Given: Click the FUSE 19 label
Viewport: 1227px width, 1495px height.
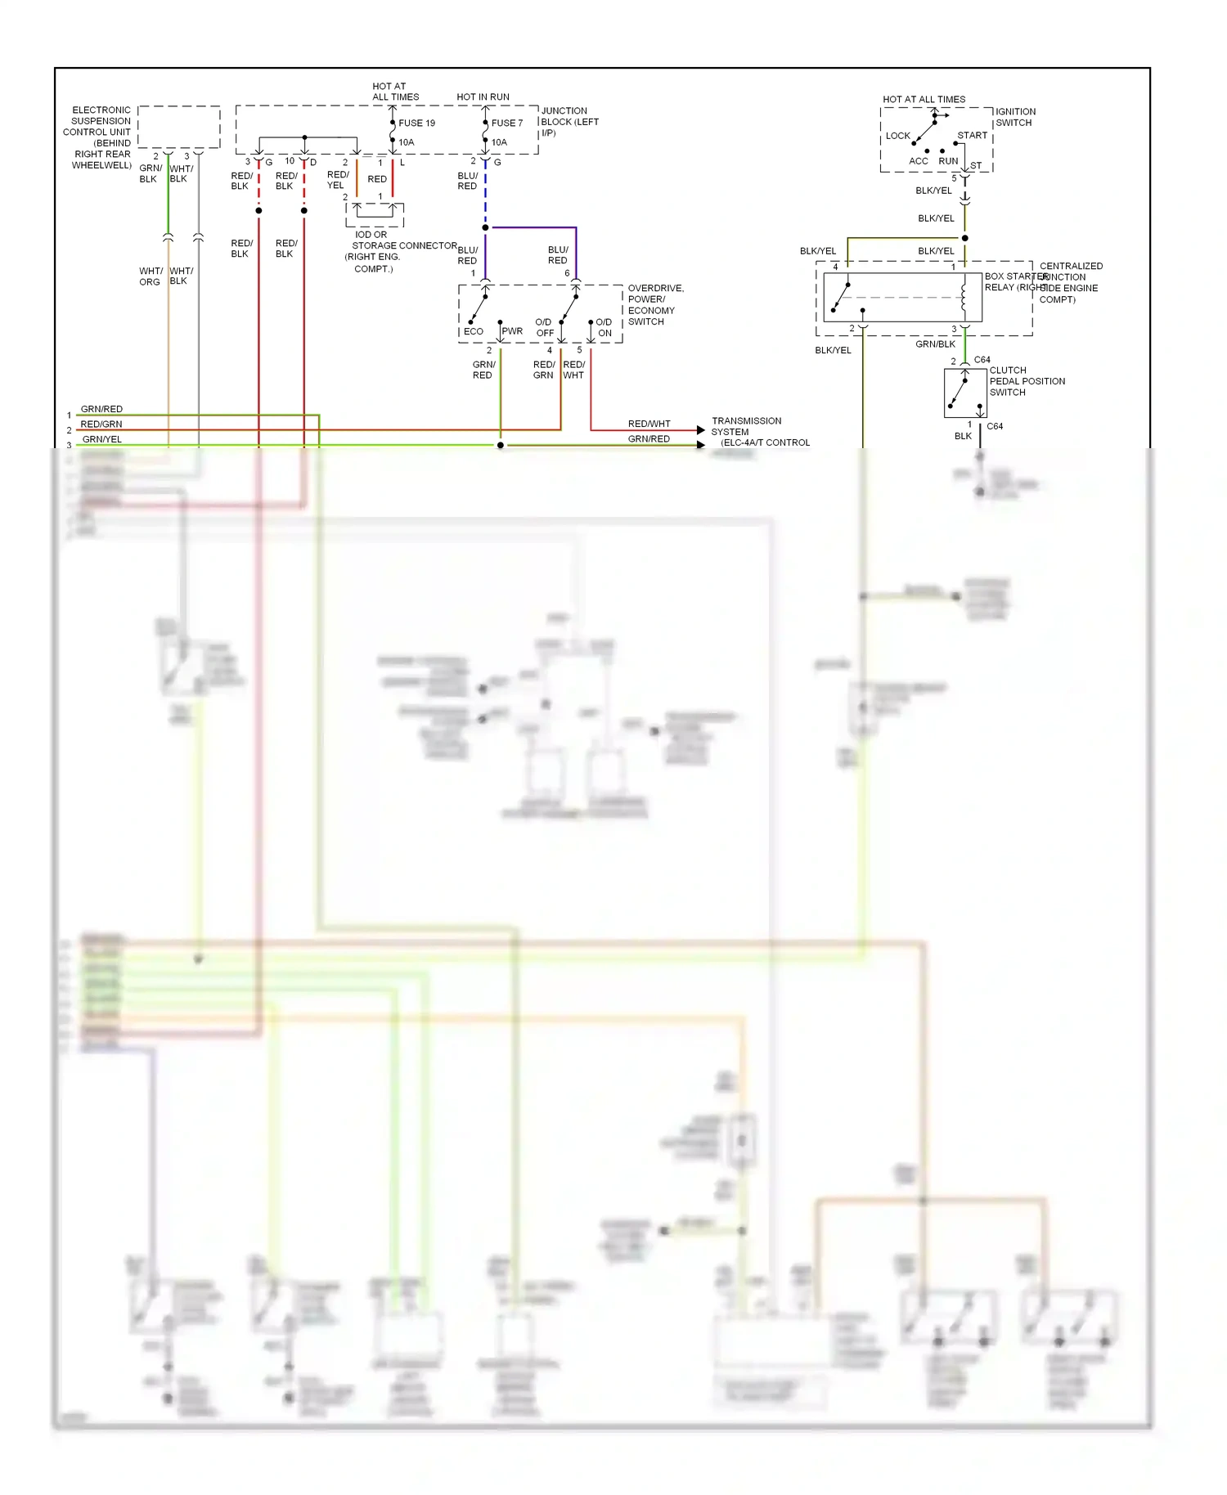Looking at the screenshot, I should click(416, 123).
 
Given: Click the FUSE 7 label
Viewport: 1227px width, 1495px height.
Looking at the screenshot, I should click(506, 123).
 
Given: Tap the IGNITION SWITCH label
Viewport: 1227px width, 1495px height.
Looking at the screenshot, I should click(1015, 117).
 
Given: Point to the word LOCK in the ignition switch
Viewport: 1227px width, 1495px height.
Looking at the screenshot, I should click(897, 136).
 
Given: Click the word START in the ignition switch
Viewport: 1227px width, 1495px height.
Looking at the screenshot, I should click(972, 135).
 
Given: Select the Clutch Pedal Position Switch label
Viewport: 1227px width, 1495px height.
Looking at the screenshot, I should click(1027, 381).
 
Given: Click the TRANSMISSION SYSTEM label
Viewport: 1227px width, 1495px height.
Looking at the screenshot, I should click(746, 426).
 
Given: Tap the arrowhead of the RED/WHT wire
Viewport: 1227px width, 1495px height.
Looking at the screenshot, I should click(700, 430).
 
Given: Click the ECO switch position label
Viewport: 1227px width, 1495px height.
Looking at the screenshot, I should click(473, 331).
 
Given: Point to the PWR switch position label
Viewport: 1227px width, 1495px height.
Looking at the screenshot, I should click(512, 331).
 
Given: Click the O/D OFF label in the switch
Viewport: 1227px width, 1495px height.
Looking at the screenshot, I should click(544, 327).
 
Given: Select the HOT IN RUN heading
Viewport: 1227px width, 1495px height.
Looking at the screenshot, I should click(483, 97).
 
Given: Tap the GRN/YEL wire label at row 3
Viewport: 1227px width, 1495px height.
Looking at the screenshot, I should click(101, 439).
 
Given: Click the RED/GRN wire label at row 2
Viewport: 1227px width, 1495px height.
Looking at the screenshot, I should click(101, 424).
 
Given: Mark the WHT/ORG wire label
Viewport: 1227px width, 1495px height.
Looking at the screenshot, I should click(151, 276).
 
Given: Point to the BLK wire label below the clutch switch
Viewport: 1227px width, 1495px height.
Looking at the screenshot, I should click(963, 436).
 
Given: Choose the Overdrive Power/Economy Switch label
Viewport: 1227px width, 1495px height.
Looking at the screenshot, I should click(654, 304).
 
